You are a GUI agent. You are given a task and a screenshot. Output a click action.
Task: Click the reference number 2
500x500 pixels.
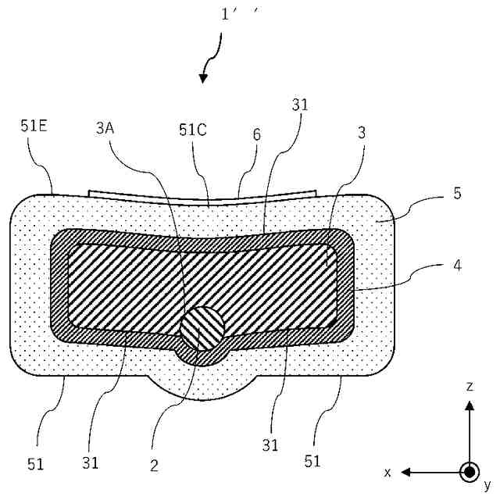tap(154, 465)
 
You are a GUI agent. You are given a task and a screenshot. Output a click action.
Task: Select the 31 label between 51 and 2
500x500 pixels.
tap(91, 462)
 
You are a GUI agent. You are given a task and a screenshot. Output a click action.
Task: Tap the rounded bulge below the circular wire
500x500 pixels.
tap(203, 383)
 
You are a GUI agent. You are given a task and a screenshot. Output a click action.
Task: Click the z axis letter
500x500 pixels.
tap(468, 386)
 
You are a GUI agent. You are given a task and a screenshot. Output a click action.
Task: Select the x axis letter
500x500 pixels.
tap(387, 473)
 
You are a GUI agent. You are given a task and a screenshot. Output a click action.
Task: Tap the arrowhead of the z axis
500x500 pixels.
tap(469, 405)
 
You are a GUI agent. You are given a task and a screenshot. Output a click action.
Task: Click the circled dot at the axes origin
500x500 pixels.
tap(469, 473)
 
